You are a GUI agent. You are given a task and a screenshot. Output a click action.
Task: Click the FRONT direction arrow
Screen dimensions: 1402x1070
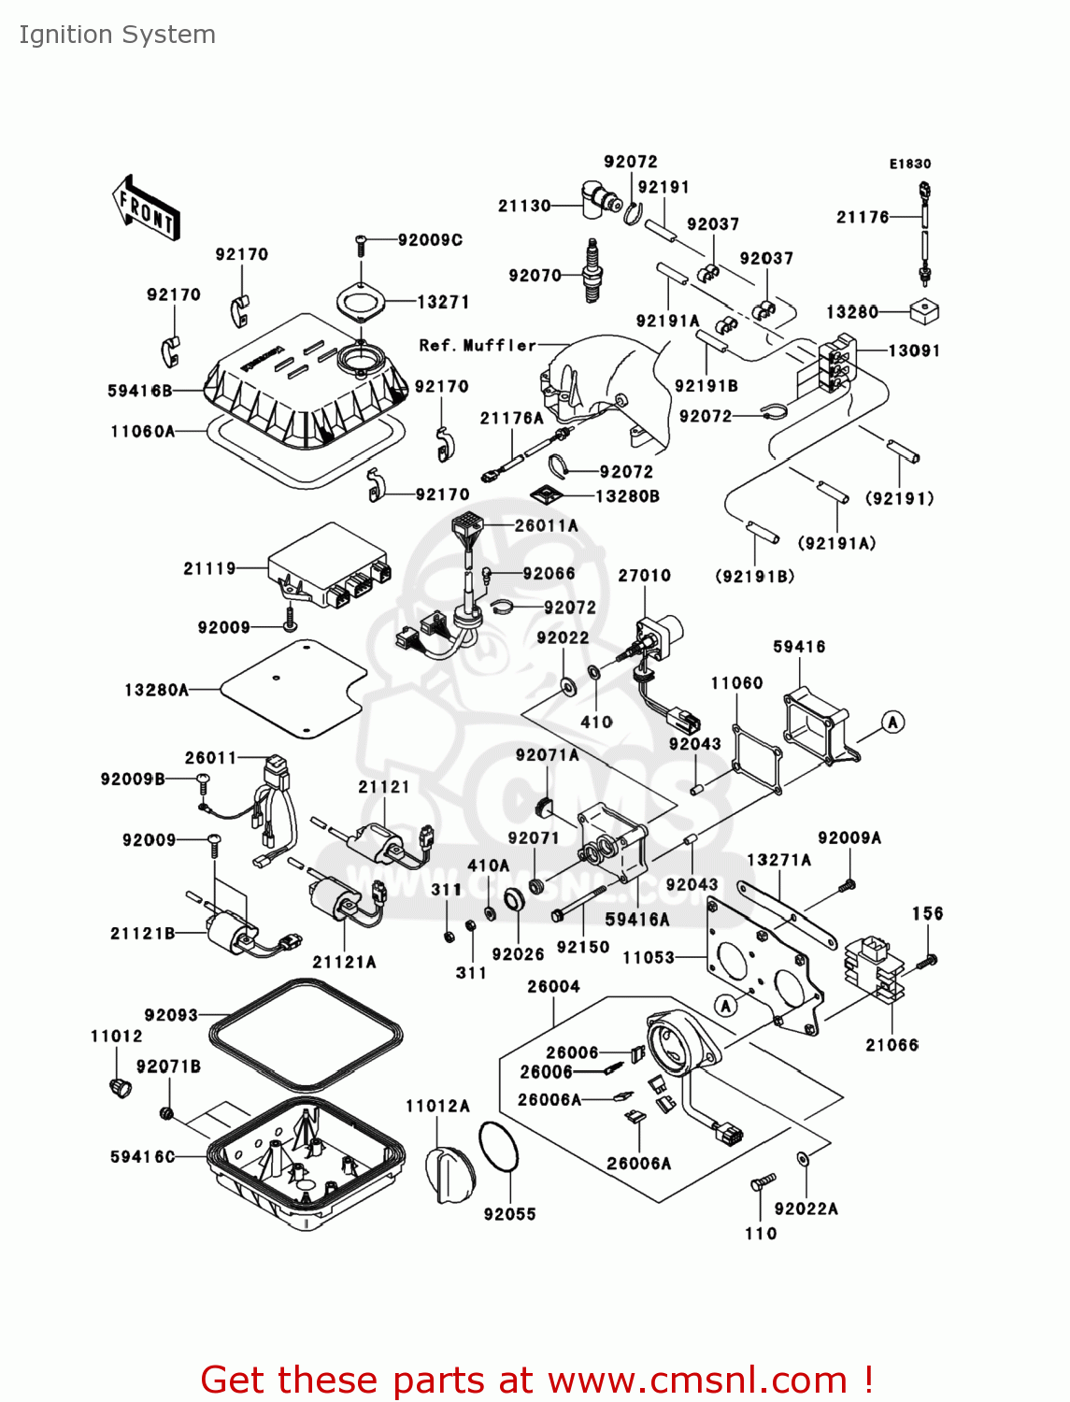[x=146, y=207]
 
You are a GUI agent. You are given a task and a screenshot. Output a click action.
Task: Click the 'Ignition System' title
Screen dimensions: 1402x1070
[x=117, y=35]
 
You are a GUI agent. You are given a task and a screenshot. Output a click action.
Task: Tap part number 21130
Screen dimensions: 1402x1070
[x=524, y=206]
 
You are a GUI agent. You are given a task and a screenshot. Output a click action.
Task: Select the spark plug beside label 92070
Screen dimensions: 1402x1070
[x=591, y=270]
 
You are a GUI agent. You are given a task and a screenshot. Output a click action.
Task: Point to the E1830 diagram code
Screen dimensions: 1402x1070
[x=909, y=164]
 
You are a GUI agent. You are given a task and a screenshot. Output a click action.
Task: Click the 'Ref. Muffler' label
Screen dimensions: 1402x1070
[x=478, y=346]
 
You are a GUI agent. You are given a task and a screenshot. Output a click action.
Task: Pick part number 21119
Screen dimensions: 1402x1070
[x=209, y=568]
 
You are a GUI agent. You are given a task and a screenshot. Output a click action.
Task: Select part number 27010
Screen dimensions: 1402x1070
[x=644, y=576]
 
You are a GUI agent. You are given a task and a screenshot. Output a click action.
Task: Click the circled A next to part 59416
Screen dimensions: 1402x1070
[x=893, y=722]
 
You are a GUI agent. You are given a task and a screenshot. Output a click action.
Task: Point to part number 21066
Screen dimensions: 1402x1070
[x=892, y=1045]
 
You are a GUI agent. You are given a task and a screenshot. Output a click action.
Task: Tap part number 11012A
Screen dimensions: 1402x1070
[x=437, y=1107]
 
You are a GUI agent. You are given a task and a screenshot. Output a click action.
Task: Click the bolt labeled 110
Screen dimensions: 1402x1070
[x=763, y=1183]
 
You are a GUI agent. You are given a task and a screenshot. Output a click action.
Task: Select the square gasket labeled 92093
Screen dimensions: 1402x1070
[x=306, y=1033]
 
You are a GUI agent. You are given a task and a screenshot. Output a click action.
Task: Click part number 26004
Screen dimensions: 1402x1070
[x=553, y=987]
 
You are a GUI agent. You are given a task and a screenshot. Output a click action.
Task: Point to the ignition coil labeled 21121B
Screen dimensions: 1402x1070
[x=229, y=930]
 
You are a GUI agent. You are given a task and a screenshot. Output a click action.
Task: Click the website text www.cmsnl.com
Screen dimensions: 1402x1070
[x=696, y=1381]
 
